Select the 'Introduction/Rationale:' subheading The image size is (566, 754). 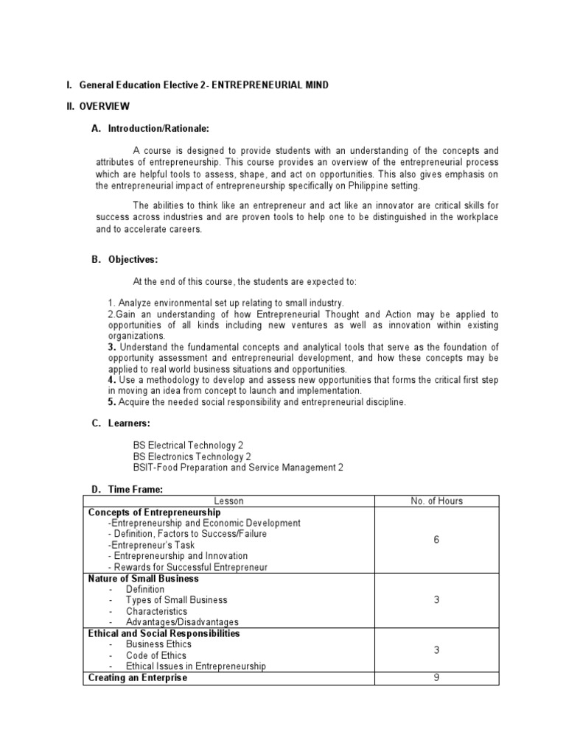click(158, 129)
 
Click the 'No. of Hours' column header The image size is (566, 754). click(436, 501)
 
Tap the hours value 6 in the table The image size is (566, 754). click(436, 540)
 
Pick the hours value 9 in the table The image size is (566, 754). click(436, 677)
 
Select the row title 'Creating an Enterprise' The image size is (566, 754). click(138, 677)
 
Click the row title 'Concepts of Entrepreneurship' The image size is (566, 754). click(154, 512)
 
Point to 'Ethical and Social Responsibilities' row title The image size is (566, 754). click(164, 633)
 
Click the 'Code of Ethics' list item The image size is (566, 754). click(156, 655)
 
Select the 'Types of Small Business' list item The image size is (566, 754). click(176, 600)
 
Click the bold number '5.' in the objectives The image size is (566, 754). click(112, 402)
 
